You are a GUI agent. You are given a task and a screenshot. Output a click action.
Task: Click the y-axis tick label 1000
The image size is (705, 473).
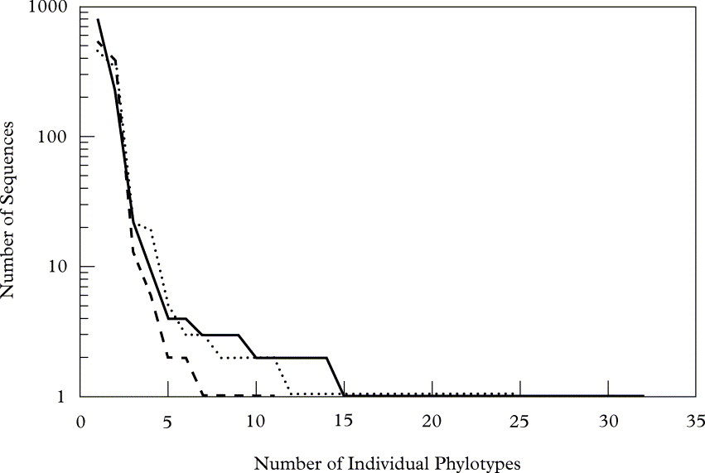point(51,7)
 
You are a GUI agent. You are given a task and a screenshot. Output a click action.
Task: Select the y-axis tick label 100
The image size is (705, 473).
point(55,136)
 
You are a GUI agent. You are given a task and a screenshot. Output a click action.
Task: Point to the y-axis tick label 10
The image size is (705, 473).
point(59,266)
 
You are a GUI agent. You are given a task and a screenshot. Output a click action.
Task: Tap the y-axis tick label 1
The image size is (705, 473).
point(63,396)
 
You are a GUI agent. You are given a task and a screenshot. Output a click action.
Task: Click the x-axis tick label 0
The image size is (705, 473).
point(81,420)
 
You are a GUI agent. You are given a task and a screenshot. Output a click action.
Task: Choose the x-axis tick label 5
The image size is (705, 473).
point(168,420)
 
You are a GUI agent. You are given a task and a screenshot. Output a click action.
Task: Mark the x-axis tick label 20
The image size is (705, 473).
point(432,420)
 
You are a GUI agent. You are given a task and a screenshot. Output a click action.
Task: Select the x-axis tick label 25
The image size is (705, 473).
point(519,420)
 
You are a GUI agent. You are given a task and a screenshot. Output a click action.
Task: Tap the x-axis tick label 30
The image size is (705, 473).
point(607,420)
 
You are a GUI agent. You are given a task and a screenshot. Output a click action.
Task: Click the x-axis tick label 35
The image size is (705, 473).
point(695,420)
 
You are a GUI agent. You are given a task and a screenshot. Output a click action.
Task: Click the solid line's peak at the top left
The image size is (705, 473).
point(98,19)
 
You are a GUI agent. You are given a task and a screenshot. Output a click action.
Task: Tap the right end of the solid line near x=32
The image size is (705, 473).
point(643,396)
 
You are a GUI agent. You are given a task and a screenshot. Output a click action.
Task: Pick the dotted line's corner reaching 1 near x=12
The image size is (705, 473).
point(292,393)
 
